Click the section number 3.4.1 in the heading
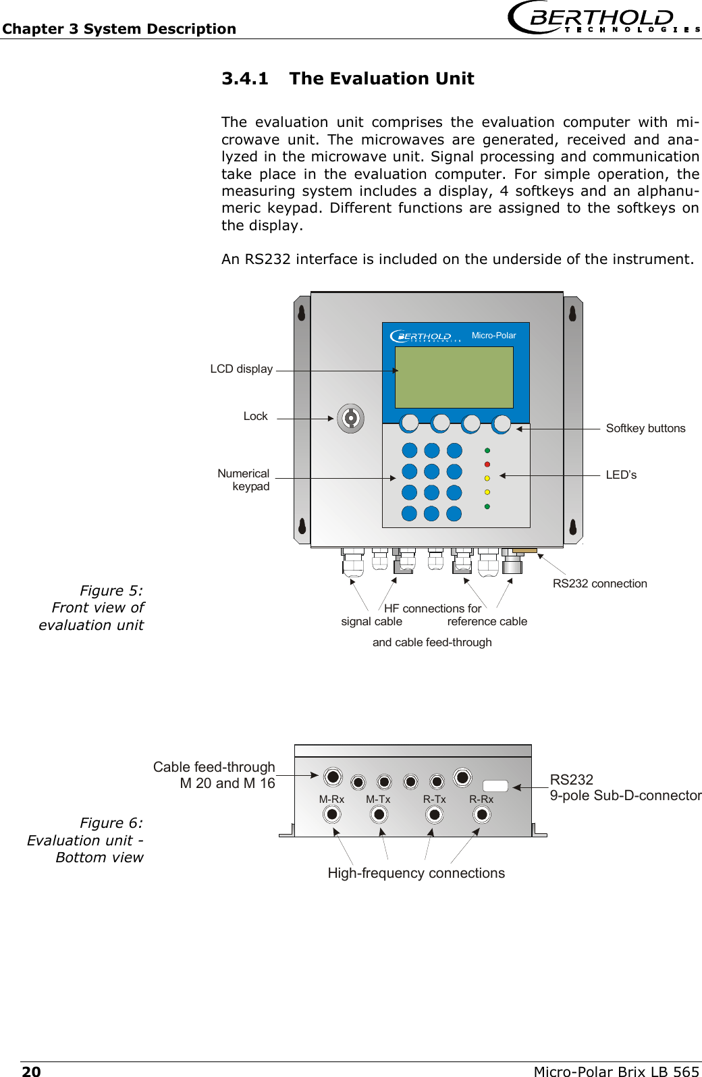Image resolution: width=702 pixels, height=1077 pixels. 245,79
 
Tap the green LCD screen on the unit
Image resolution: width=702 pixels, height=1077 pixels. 454,377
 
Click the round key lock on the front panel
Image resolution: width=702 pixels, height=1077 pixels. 350,419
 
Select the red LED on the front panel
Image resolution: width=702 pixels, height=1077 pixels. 487,465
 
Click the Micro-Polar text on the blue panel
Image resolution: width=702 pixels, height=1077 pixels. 493,336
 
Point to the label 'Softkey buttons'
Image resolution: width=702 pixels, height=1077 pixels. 645,428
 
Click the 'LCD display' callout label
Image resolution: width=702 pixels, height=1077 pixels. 241,369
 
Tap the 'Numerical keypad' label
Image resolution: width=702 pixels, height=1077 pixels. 244,479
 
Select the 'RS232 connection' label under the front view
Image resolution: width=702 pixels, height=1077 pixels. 599,583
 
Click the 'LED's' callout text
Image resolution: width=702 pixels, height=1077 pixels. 621,475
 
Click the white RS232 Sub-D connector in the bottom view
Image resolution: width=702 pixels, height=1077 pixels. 495,785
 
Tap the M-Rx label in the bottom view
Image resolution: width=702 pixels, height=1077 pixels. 331,799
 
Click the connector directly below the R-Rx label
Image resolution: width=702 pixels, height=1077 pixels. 482,815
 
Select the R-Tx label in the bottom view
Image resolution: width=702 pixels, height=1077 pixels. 434,799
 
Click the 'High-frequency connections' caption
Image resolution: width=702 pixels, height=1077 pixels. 416,873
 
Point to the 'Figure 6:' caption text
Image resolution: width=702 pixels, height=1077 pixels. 111,823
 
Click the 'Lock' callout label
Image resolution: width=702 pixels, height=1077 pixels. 255,416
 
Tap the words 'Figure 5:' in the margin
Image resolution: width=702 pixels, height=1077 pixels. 111,591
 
